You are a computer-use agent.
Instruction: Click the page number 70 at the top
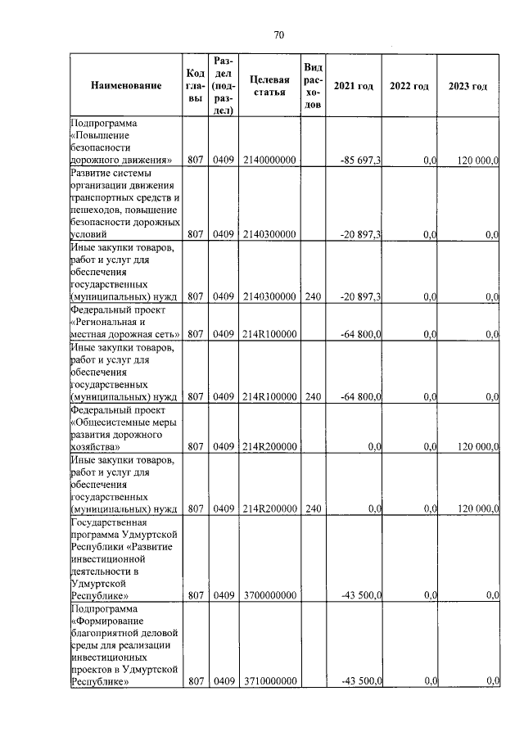pos(278,34)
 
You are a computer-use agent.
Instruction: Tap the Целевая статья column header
pos(269,86)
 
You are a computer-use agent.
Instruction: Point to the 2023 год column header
pos(468,86)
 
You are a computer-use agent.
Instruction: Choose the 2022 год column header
pos(409,86)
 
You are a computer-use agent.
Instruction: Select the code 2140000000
pos(269,160)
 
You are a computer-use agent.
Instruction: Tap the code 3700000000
pos(269,595)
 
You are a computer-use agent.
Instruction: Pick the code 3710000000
pos(269,680)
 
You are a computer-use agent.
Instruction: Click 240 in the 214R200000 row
pos(312,508)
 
